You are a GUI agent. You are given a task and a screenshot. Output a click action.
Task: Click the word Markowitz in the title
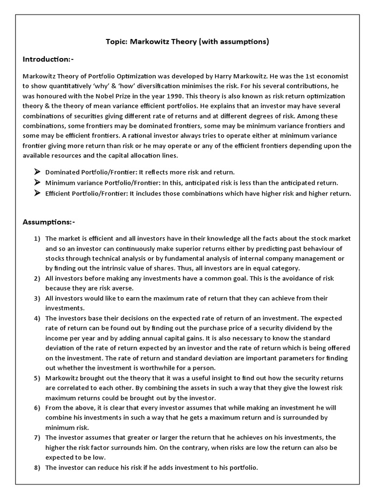(151, 41)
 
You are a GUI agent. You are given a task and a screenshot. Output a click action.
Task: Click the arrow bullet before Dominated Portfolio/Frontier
(37, 172)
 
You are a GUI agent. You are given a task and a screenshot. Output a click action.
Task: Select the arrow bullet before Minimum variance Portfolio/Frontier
(37, 182)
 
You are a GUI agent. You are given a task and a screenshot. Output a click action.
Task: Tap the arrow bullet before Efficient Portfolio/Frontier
(37, 193)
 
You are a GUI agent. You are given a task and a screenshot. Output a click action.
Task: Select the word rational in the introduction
(146, 136)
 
